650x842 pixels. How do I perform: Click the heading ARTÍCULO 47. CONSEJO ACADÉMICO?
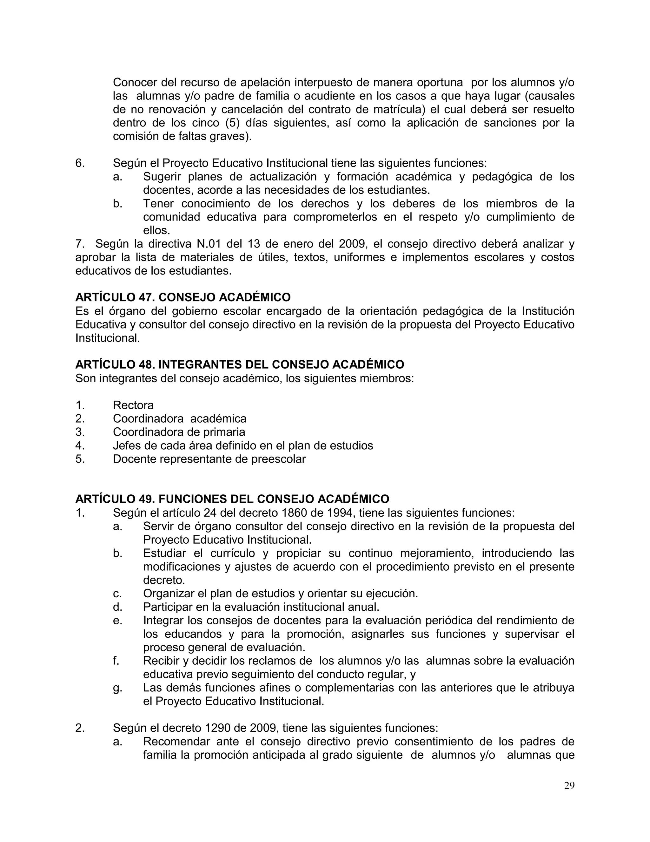[183, 297]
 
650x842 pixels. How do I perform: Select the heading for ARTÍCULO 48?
[240, 364]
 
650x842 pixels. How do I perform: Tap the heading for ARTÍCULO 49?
[232, 499]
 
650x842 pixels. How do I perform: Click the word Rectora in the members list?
[133, 405]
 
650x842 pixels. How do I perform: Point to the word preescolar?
[278, 459]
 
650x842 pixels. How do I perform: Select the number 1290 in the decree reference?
[218, 728]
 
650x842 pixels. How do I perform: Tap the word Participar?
[168, 607]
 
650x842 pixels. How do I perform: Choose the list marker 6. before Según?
[80, 163]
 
